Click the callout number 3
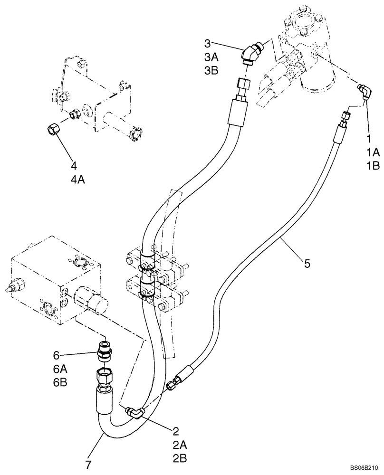tap(207, 44)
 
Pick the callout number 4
tap(74, 166)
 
